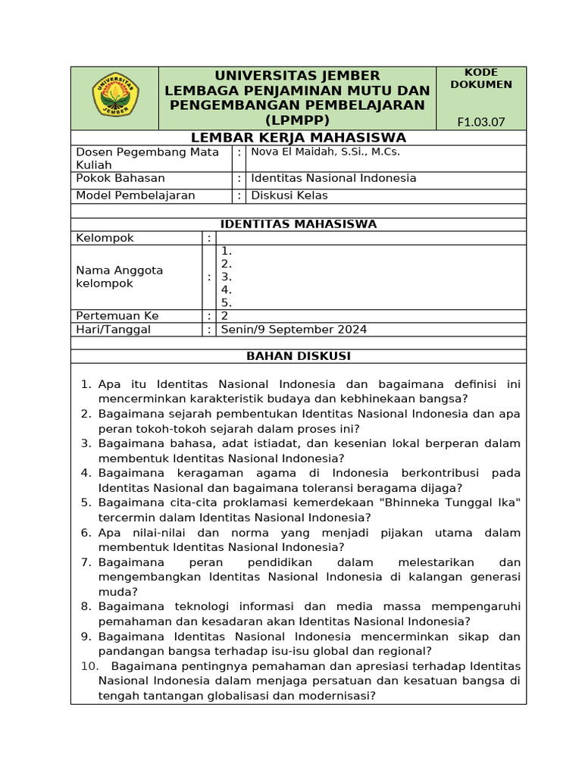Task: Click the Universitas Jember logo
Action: tap(115, 95)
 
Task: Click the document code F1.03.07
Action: tap(480, 122)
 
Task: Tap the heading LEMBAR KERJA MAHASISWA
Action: tap(298, 137)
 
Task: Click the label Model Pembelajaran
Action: tap(135, 196)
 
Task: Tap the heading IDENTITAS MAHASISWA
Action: tap(298, 224)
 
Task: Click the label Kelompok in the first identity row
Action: tap(105, 238)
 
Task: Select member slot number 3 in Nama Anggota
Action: tap(226, 277)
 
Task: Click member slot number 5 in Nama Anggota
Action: tap(226, 302)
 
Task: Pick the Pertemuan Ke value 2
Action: tap(224, 315)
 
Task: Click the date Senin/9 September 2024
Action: tap(293, 329)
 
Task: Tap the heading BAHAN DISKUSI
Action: tap(298, 355)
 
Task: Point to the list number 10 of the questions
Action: tap(89, 666)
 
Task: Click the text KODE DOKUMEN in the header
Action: tap(480, 78)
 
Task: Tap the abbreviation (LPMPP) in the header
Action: tap(298, 120)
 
